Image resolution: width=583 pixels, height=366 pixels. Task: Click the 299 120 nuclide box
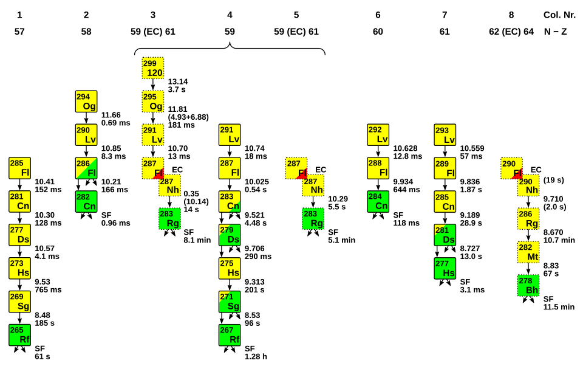(153, 67)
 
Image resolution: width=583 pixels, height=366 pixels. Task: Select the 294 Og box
(86, 102)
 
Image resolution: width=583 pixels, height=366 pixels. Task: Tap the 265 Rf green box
(19, 335)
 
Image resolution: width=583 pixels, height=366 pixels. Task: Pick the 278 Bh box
(528, 286)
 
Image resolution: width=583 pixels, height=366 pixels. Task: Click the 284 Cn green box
(378, 201)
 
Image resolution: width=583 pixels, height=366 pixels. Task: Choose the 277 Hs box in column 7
(445, 268)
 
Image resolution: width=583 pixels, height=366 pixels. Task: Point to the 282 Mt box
(528, 252)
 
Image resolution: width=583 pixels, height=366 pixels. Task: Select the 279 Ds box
(230, 235)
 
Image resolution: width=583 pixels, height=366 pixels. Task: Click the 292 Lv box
(378, 135)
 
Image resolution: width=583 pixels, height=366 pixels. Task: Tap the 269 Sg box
(19, 302)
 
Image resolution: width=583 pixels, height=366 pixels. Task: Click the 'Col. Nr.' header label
(559, 15)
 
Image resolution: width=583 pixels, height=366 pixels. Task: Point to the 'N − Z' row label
(555, 32)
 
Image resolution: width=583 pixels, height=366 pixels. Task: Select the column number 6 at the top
(378, 15)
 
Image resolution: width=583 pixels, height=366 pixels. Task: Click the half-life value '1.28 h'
(256, 357)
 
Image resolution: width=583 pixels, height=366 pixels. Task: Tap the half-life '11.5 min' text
(559, 307)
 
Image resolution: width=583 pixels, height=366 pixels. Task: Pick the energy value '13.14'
(178, 81)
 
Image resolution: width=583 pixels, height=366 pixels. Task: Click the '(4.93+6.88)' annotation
(188, 117)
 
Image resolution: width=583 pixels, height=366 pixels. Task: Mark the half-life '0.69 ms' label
(115, 123)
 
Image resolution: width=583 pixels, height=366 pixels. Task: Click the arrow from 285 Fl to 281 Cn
(19, 185)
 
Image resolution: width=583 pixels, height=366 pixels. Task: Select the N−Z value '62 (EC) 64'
(511, 32)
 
